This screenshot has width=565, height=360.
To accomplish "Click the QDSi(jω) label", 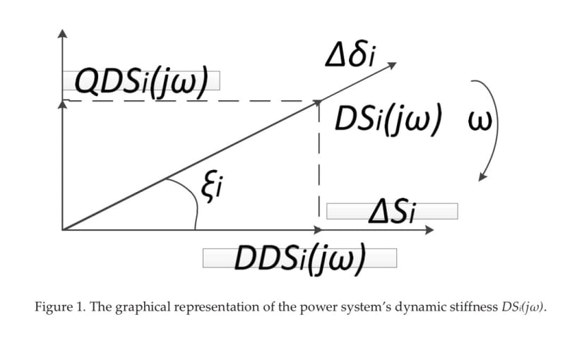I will coord(141,82).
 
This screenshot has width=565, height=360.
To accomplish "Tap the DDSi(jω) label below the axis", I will coord(299,258).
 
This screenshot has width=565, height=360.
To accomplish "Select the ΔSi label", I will coord(392,211).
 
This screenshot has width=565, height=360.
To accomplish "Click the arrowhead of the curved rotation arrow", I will coord(482,176).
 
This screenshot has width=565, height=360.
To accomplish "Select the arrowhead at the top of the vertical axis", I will coord(63,33).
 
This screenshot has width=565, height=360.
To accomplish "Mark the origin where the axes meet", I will coord(63,229).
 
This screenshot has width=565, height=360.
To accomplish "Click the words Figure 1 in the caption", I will coord(57,308).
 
